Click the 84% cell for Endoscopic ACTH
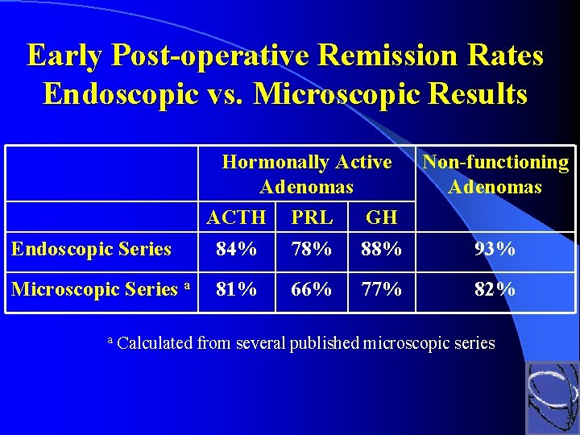pos(236,250)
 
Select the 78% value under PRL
pos(311,250)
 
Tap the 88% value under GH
pos(382,250)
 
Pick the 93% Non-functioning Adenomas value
pos(495,250)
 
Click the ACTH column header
pos(236,217)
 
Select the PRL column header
pos(311,217)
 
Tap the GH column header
pos(382,217)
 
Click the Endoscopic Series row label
pos(91,250)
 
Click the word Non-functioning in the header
pos(495,163)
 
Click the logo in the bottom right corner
pos(552,397)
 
